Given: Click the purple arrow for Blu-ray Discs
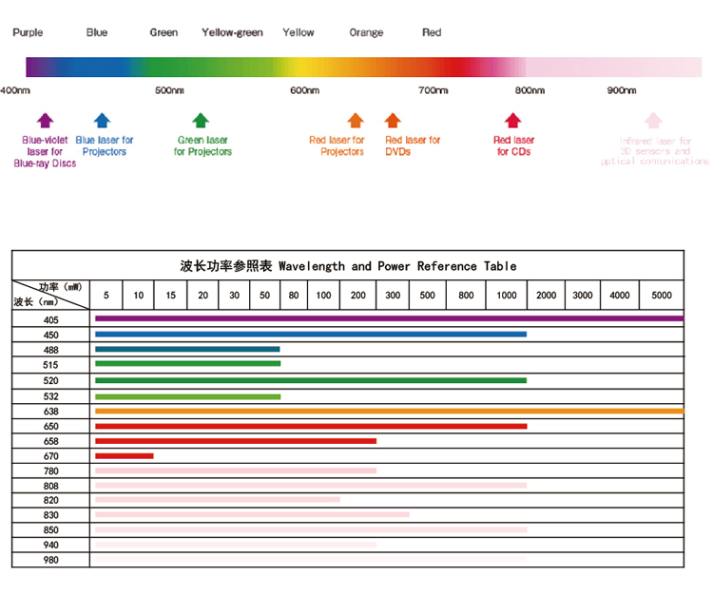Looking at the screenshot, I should point(45,120).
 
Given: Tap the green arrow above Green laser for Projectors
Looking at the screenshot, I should point(200,120).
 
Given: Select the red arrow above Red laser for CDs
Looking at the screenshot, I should point(512,120).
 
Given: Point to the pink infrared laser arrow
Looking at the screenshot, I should point(653,120).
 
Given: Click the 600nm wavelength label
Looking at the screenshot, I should point(304,90).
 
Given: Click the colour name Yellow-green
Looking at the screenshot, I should point(232,32).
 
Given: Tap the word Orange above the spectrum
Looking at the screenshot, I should point(366,32).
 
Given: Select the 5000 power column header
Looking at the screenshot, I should point(662,295).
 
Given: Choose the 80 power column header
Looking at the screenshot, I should point(294,295).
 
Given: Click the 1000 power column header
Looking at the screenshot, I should point(508,295).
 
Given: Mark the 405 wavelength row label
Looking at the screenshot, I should point(50,319).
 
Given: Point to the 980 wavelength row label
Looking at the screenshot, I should point(50,560).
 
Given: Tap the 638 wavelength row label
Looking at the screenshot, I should point(50,412).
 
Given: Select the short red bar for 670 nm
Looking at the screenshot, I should point(124,456).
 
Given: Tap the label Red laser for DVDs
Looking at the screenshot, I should point(413,145).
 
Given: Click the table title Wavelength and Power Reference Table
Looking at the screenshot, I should point(348,265).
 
